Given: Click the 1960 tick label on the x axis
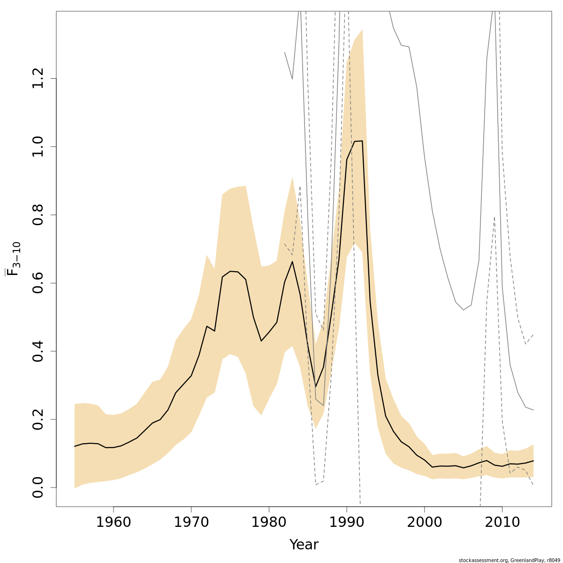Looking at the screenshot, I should [113, 522].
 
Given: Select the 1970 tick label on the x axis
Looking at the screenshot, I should [191, 522].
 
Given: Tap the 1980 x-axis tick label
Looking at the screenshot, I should [269, 522].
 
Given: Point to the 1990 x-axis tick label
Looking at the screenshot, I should [347, 522].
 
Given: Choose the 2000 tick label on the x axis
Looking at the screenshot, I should [425, 522].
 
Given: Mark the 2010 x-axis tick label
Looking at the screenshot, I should [502, 522].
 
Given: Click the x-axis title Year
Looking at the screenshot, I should [304, 545].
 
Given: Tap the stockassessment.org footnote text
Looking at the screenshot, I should [509, 560].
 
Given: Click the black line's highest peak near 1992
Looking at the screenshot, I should [362, 141].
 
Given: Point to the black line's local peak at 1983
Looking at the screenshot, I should [292, 261].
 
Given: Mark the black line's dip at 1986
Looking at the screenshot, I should [316, 387].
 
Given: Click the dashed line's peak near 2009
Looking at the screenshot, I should [495, 217].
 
